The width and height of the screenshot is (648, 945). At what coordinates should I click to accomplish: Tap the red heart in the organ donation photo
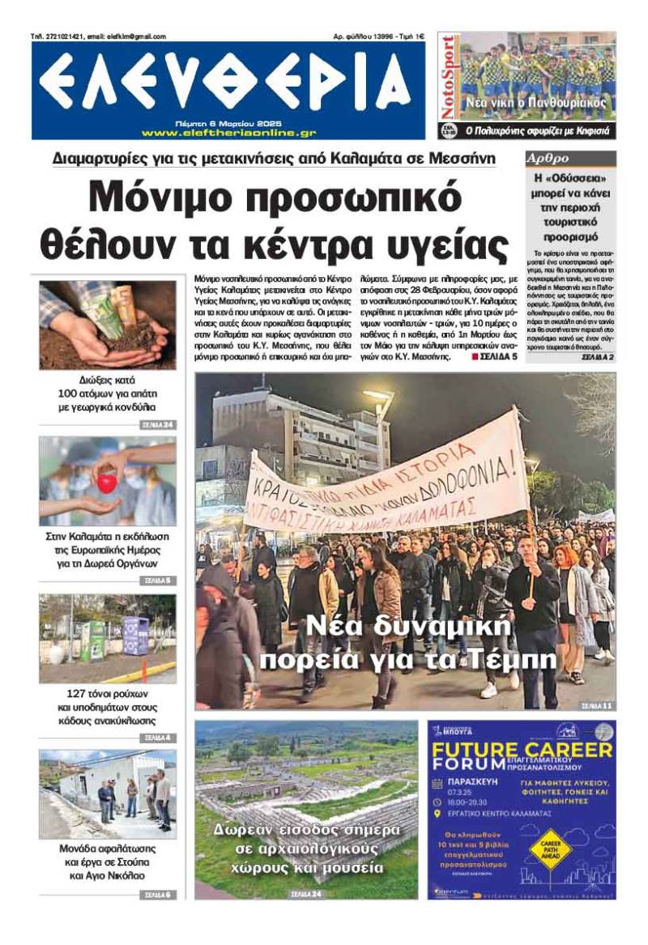click(x=107, y=483)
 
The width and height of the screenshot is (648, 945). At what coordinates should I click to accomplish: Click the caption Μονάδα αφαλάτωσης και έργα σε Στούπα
click(x=107, y=862)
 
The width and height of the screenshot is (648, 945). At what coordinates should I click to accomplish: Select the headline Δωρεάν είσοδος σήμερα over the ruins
click(x=306, y=832)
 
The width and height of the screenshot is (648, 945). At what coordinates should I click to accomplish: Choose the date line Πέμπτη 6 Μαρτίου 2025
click(x=228, y=121)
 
